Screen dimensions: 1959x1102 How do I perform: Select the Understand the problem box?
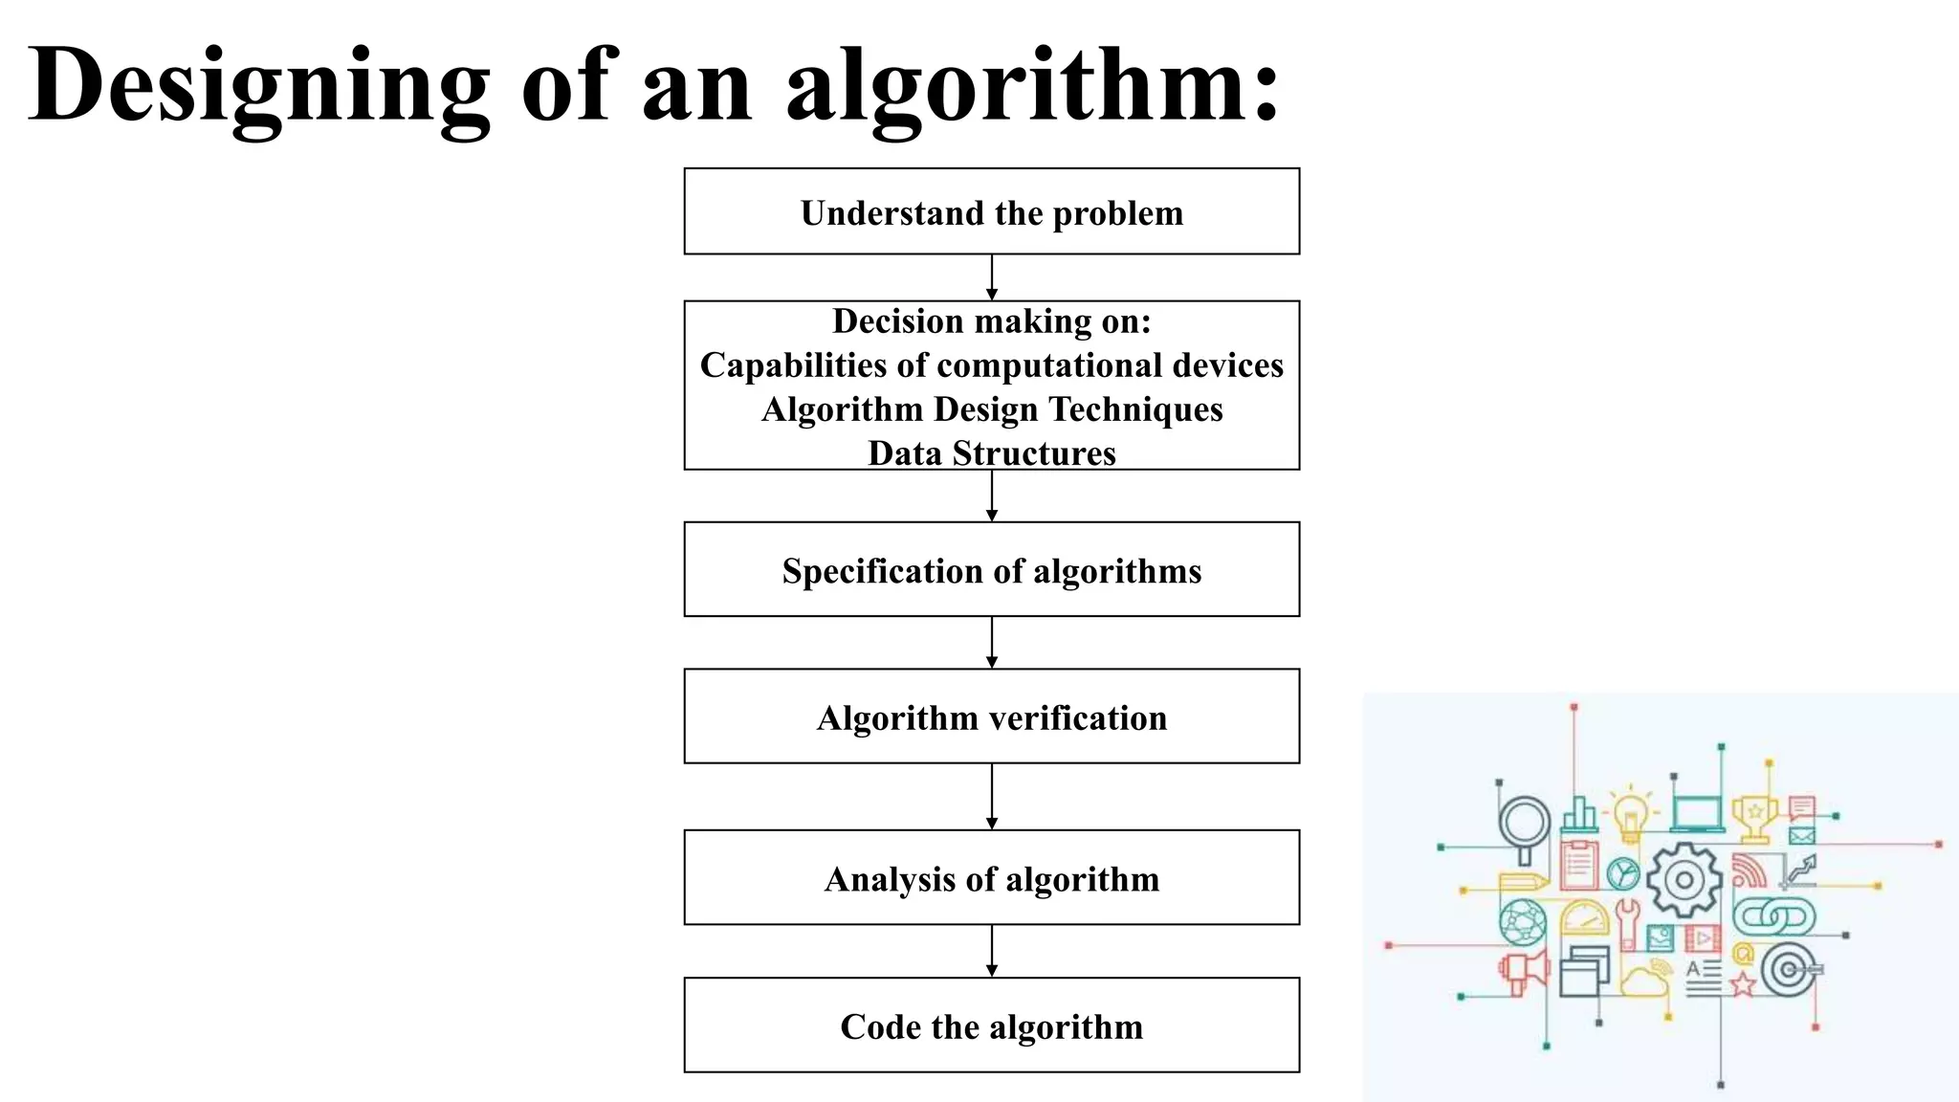pyautogui.click(x=991, y=212)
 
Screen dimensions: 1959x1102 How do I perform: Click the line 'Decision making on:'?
pyautogui.click(x=991, y=321)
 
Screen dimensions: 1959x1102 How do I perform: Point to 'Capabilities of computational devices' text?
pyautogui.click(x=991, y=365)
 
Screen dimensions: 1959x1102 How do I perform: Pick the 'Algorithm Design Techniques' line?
pyautogui.click(x=991, y=409)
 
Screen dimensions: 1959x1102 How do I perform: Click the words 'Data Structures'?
pyautogui.click(x=991, y=453)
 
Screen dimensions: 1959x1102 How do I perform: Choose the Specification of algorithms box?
pyautogui.click(x=991, y=570)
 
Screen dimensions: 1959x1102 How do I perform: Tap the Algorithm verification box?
pyautogui.click(x=991, y=717)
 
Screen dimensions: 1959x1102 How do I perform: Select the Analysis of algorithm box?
pyautogui.click(x=991, y=878)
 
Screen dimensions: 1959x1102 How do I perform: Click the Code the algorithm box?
pyautogui.click(x=991, y=1025)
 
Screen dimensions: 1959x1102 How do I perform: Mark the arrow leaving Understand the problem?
pyautogui.click(x=992, y=277)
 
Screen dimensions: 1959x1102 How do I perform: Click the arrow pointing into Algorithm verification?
pyautogui.click(x=992, y=643)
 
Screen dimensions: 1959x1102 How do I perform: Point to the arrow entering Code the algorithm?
pyautogui.click(x=992, y=951)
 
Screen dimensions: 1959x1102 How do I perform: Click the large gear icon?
pyautogui.click(x=1684, y=880)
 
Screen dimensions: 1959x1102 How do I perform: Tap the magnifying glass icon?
pyautogui.click(x=1524, y=825)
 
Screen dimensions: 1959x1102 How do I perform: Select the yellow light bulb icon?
pyautogui.click(x=1630, y=816)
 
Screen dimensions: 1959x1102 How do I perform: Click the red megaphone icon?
pyautogui.click(x=1523, y=972)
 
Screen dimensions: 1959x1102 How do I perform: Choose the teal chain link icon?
pyautogui.click(x=1773, y=917)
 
